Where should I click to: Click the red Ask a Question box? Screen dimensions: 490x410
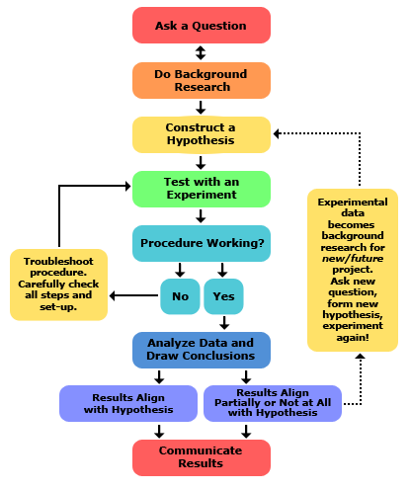(202, 26)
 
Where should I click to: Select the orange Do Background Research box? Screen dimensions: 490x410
(202, 80)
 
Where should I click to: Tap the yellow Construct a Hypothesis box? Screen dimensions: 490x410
(202, 134)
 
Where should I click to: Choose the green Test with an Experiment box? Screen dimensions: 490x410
(202, 189)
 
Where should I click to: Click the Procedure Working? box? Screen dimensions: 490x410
(202, 243)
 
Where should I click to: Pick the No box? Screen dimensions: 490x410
(180, 296)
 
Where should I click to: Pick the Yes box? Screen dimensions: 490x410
(223, 296)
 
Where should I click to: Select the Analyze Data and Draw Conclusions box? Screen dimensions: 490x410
(202, 350)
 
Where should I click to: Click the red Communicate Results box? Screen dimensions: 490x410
(202, 457)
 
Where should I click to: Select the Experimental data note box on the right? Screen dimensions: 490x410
(353, 270)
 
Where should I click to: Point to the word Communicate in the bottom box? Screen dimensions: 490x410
(201, 450)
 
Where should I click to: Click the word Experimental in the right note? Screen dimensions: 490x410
(353, 202)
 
